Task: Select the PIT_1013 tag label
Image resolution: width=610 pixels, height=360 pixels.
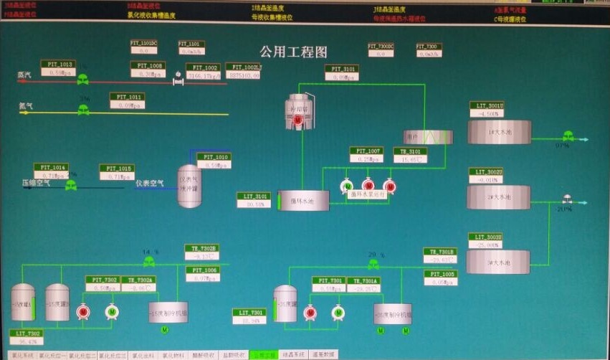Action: pyautogui.click(x=57, y=64)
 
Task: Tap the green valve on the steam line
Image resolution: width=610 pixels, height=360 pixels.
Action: pyautogui.click(x=82, y=80)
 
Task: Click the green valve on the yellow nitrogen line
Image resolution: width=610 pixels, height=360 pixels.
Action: pyautogui.click(x=83, y=110)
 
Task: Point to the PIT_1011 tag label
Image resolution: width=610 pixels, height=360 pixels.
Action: pyautogui.click(x=127, y=96)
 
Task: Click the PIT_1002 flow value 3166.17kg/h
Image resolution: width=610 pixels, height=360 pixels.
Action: pyautogui.click(x=203, y=75)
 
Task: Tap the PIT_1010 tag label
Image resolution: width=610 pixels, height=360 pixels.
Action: pyautogui.click(x=214, y=156)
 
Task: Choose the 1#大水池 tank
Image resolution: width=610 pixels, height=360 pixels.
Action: pyautogui.click(x=500, y=132)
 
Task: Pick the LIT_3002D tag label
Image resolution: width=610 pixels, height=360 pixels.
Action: pyautogui.click(x=486, y=171)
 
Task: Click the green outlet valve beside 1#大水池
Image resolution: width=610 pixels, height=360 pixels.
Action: pyautogui.click(x=568, y=136)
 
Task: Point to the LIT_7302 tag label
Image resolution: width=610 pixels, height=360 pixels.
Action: pyautogui.click(x=25, y=333)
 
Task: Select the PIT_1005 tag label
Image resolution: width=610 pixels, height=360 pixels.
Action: pyautogui.click(x=439, y=274)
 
